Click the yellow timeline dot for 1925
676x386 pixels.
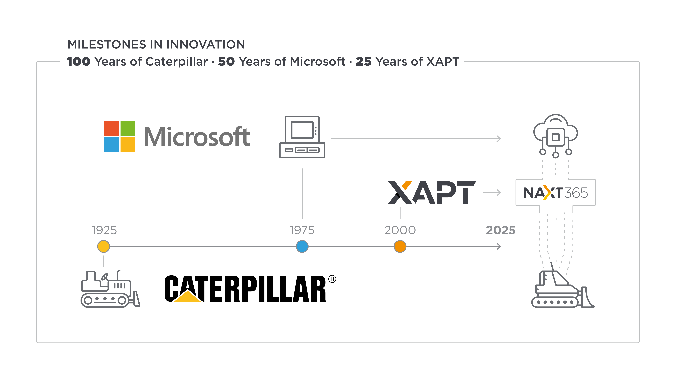(x=103, y=247)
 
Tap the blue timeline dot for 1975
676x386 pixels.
(x=302, y=247)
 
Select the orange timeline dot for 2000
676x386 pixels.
(x=400, y=247)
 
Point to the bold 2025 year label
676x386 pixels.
(x=501, y=230)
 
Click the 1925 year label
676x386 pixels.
(x=104, y=230)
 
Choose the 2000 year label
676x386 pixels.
(x=400, y=230)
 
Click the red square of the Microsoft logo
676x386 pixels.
(x=111, y=128)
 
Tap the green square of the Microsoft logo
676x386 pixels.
(x=128, y=128)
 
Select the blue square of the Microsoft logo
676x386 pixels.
(x=111, y=144)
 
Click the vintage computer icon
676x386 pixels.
(x=302, y=137)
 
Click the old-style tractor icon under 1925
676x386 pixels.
(x=110, y=289)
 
